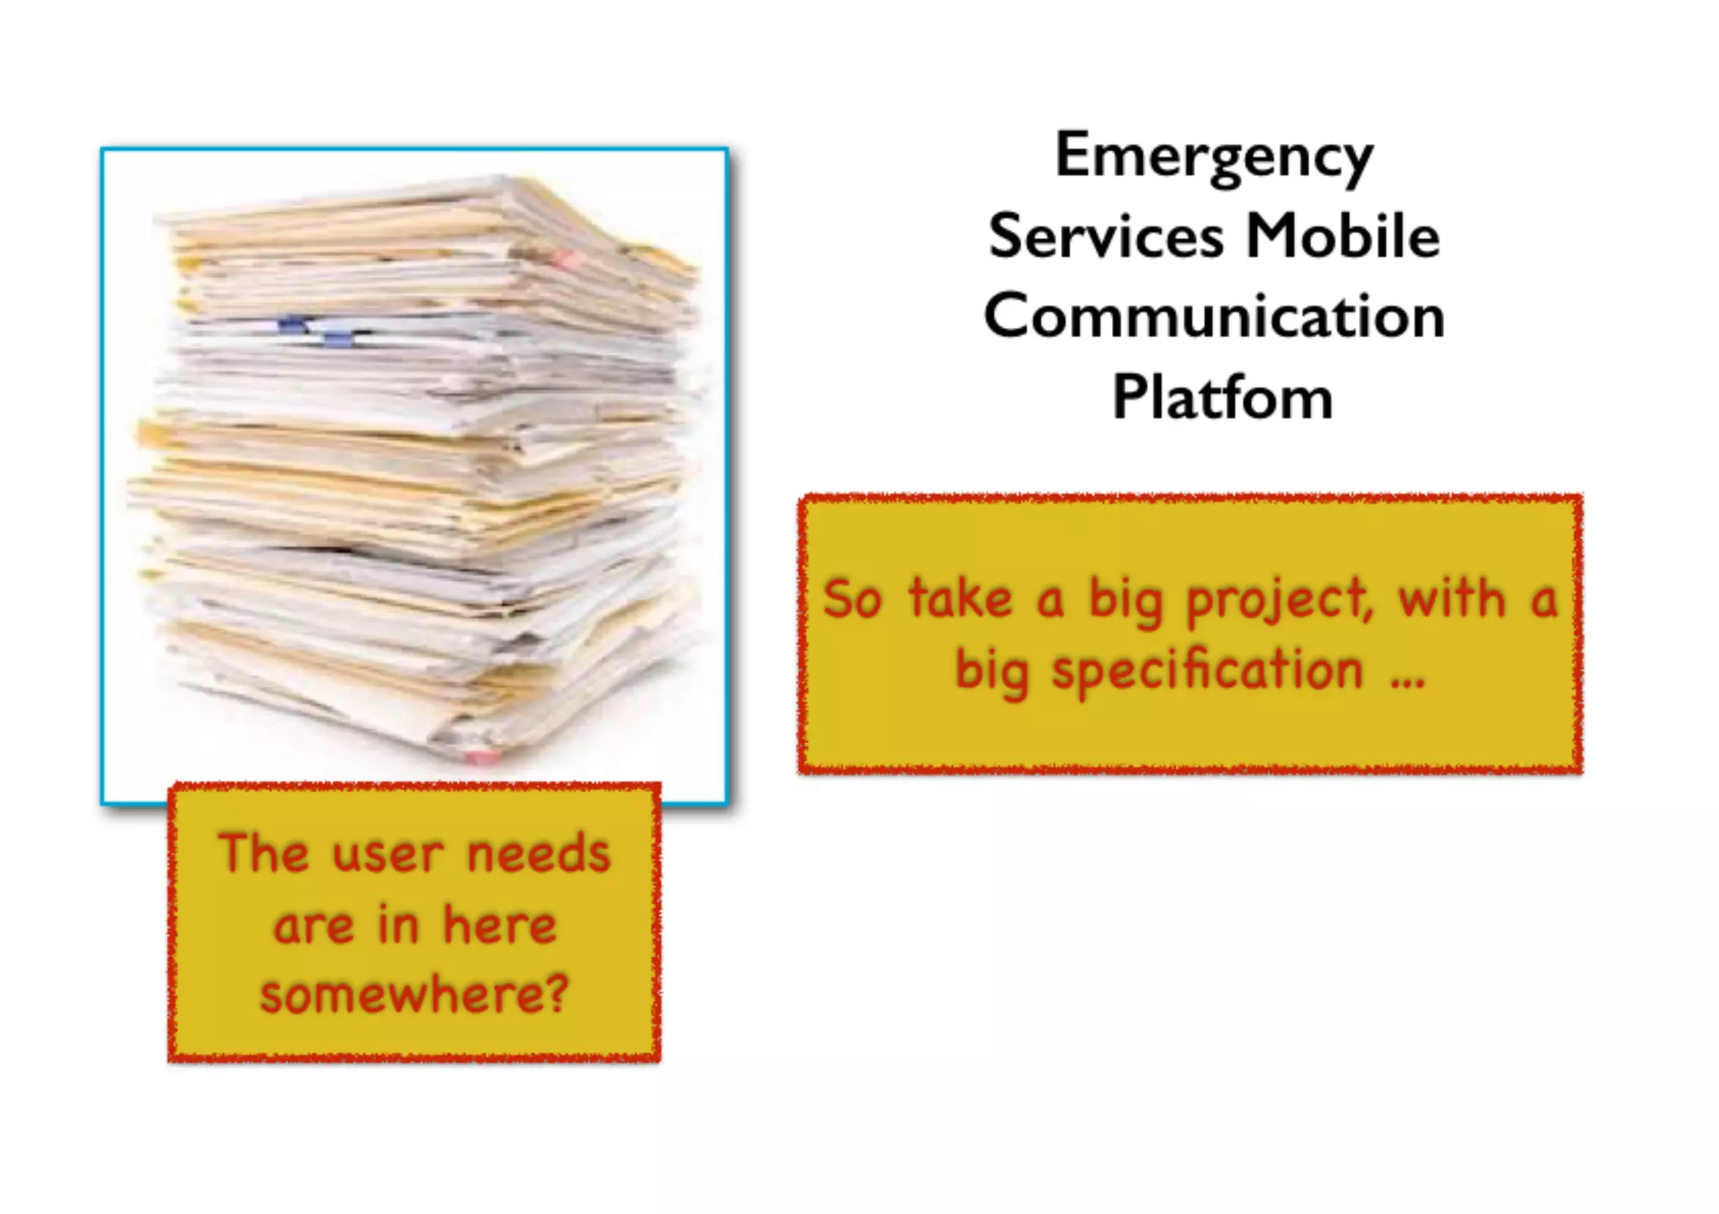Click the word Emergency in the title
(1214, 157)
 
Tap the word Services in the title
(1105, 236)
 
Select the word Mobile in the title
(1342, 236)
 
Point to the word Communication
(1214, 316)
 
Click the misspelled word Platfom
(1222, 397)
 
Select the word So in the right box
(852, 599)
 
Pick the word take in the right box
(960, 599)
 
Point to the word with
(1451, 599)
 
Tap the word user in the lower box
(387, 856)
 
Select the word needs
(538, 854)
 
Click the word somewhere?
(414, 994)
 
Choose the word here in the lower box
(499, 925)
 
